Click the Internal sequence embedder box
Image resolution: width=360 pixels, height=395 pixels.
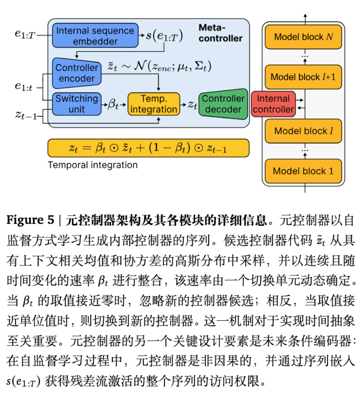point(95,36)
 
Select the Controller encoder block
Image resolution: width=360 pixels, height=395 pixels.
point(76,73)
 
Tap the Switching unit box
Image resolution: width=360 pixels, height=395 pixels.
point(76,104)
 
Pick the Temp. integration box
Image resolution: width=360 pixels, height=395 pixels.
point(154,104)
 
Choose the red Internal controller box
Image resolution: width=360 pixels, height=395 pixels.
point(273,104)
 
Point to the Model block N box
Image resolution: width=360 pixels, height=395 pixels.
point(303,37)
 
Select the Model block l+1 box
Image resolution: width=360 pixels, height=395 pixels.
point(303,77)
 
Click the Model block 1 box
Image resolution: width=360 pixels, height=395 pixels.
point(303,171)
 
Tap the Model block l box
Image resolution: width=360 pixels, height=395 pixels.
point(303,131)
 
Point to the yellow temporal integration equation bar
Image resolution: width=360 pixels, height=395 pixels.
point(148,148)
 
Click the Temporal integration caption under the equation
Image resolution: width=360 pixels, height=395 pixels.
point(93,165)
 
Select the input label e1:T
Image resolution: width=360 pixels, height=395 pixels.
point(25,34)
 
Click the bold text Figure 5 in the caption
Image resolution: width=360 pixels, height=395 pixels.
point(30,220)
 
